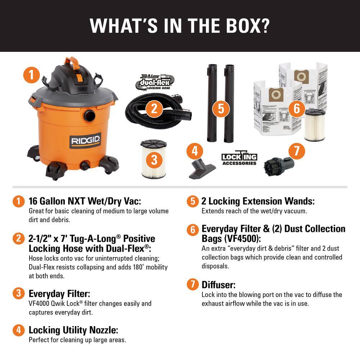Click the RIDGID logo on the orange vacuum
point(86,140)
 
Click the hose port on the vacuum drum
point(89,116)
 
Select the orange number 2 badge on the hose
point(154,108)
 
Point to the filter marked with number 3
point(154,159)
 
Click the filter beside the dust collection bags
point(314,125)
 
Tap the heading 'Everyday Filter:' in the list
point(59,293)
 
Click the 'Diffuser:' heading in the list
point(219,285)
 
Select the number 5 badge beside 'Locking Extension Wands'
point(193,201)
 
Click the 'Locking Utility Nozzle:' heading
point(73,330)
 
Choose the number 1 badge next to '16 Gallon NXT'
point(17,201)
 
